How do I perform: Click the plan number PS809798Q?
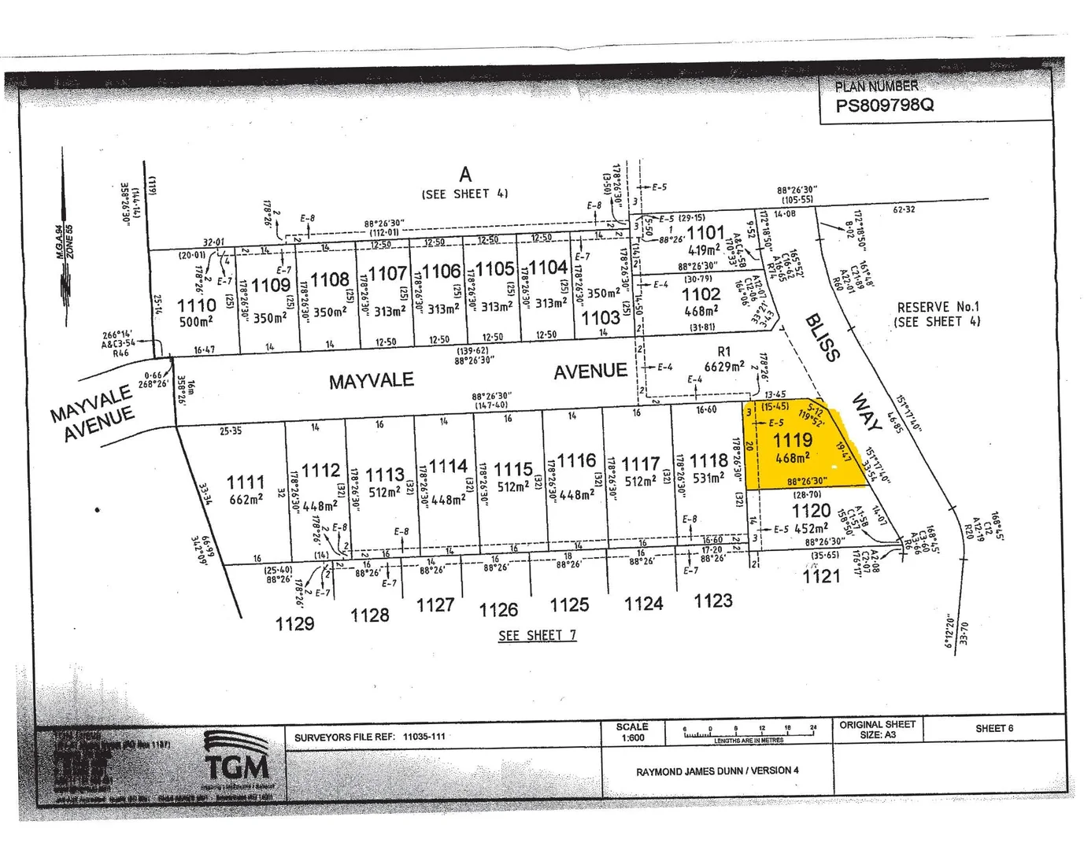[885, 105]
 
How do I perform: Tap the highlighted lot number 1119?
[792, 440]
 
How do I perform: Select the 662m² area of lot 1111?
[245, 499]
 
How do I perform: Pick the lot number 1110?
[196, 305]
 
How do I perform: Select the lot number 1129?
[294, 623]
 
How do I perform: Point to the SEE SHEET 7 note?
[537, 635]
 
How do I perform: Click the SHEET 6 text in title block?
[994, 728]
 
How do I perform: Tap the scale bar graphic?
[748, 733]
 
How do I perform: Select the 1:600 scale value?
[632, 737]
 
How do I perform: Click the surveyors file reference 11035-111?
[424, 737]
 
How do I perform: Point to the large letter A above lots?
[465, 175]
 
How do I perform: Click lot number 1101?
[705, 232]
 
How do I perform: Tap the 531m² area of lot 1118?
[707, 478]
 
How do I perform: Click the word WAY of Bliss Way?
[867, 413]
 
